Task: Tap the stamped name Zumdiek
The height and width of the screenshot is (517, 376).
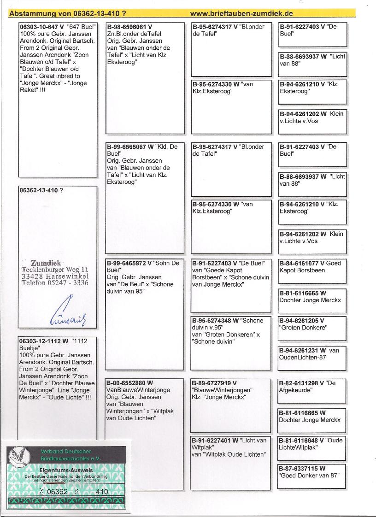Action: click(46, 263)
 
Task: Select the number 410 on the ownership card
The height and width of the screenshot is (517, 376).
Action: click(102, 492)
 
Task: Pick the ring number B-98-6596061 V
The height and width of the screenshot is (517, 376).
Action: click(129, 27)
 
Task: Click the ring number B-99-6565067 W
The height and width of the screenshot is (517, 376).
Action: click(130, 147)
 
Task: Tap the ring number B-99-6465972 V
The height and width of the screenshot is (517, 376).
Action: click(129, 263)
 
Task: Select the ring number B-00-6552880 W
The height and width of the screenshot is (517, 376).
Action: click(130, 383)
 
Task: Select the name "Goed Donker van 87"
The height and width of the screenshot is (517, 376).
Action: click(309, 475)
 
